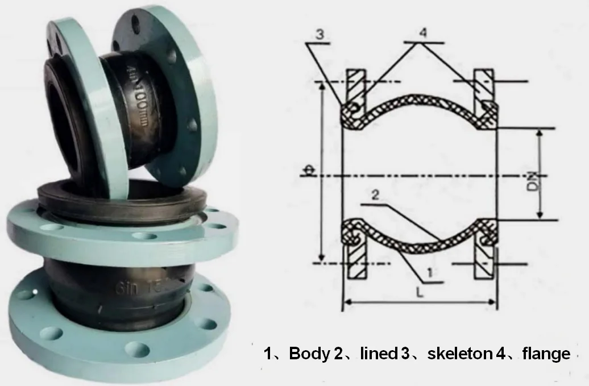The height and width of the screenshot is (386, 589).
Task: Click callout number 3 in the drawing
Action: pyautogui.click(x=320, y=35)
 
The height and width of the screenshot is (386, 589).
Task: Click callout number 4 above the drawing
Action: pyautogui.click(x=423, y=33)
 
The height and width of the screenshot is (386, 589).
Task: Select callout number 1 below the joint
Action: pyautogui.click(x=430, y=272)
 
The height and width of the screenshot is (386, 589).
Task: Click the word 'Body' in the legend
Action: pyautogui.click(x=309, y=354)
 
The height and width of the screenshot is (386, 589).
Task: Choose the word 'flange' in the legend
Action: pyautogui.click(x=545, y=354)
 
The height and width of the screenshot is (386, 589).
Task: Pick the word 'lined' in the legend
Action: pyautogui.click(x=378, y=354)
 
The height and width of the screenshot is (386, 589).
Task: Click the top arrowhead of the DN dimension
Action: pyautogui.click(x=540, y=132)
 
